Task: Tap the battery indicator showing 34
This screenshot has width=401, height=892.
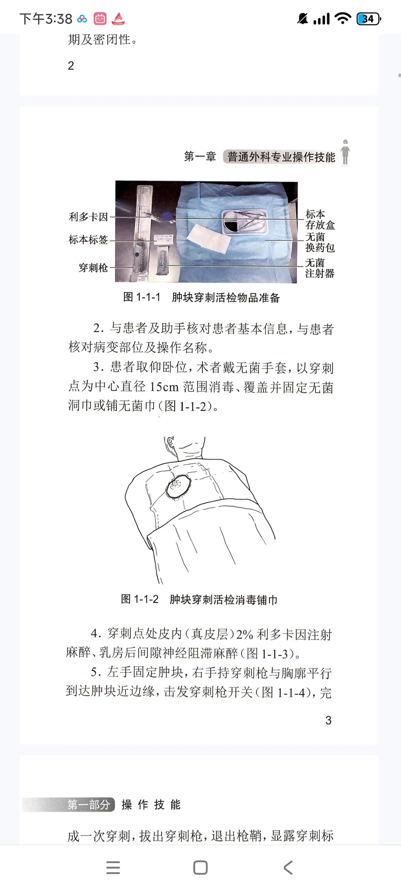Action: (368, 19)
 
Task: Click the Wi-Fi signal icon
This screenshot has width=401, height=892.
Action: (342, 18)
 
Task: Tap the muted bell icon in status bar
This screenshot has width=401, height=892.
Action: (303, 19)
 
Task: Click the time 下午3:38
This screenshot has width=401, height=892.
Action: (46, 19)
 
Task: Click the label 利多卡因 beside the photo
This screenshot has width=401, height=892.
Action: (88, 217)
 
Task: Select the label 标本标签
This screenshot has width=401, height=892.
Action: (88, 240)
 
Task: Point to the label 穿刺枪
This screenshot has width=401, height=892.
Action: (93, 267)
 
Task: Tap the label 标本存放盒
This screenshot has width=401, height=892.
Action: (320, 219)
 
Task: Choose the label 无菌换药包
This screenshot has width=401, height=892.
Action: (320, 242)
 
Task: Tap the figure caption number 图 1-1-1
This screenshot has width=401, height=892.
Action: (142, 297)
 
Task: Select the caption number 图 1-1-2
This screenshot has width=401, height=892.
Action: (140, 599)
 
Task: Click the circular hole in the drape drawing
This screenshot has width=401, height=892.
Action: (178, 486)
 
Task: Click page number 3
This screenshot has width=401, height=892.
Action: (328, 720)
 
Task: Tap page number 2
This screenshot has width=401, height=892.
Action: (71, 66)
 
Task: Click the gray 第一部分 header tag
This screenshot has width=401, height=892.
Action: (88, 804)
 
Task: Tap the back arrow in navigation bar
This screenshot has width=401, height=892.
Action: (288, 868)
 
